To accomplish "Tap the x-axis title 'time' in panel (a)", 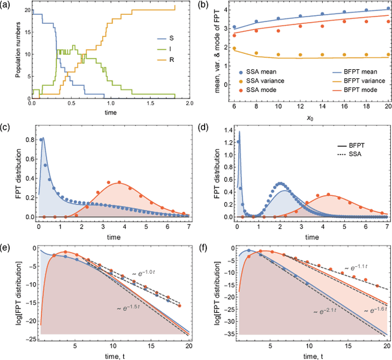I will (108, 113).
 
